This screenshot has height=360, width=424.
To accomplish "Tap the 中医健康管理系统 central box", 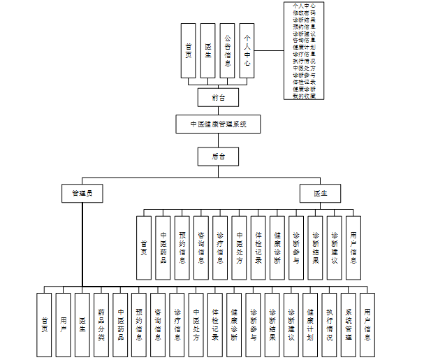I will tap(217, 124).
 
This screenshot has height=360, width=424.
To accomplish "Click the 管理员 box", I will tap(82, 192).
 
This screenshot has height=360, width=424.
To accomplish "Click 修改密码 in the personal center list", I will tap(304, 13).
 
